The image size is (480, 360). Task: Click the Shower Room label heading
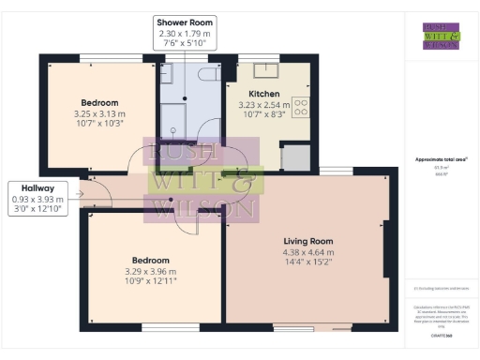click(185, 22)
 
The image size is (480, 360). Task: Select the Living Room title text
click(308, 241)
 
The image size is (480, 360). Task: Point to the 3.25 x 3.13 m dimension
click(98, 114)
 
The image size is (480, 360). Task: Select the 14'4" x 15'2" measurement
click(308, 262)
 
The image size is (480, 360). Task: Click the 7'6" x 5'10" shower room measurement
click(185, 44)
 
